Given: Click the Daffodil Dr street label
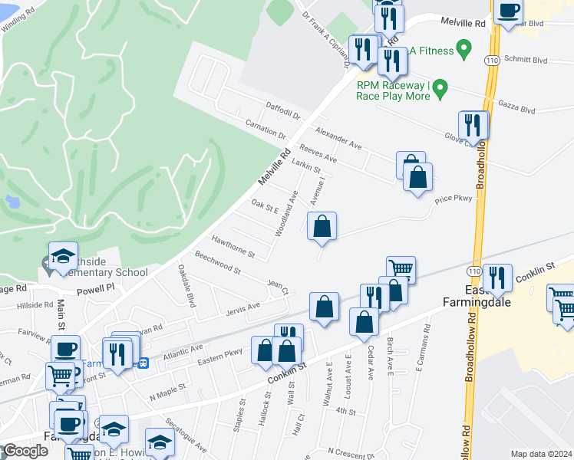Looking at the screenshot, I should [284, 113].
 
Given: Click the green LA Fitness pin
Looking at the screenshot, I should [463, 51].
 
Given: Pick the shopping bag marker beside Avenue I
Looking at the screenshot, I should [322, 226].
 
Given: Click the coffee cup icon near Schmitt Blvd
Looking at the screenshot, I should [509, 11].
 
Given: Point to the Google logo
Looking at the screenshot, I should [25, 451].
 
